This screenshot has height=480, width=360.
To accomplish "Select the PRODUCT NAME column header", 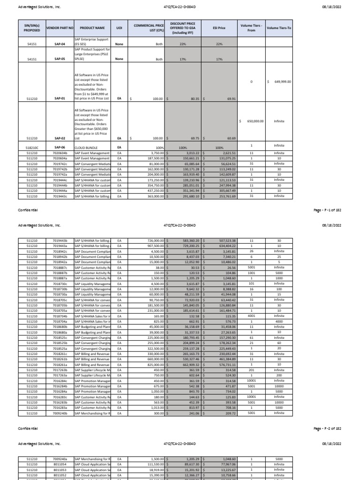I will tap(92, 28).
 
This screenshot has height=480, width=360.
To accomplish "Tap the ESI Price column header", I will tap(218, 28).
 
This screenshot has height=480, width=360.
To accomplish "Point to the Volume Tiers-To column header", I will tap(278, 28).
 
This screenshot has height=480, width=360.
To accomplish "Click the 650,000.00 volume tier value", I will tap(253, 121).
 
